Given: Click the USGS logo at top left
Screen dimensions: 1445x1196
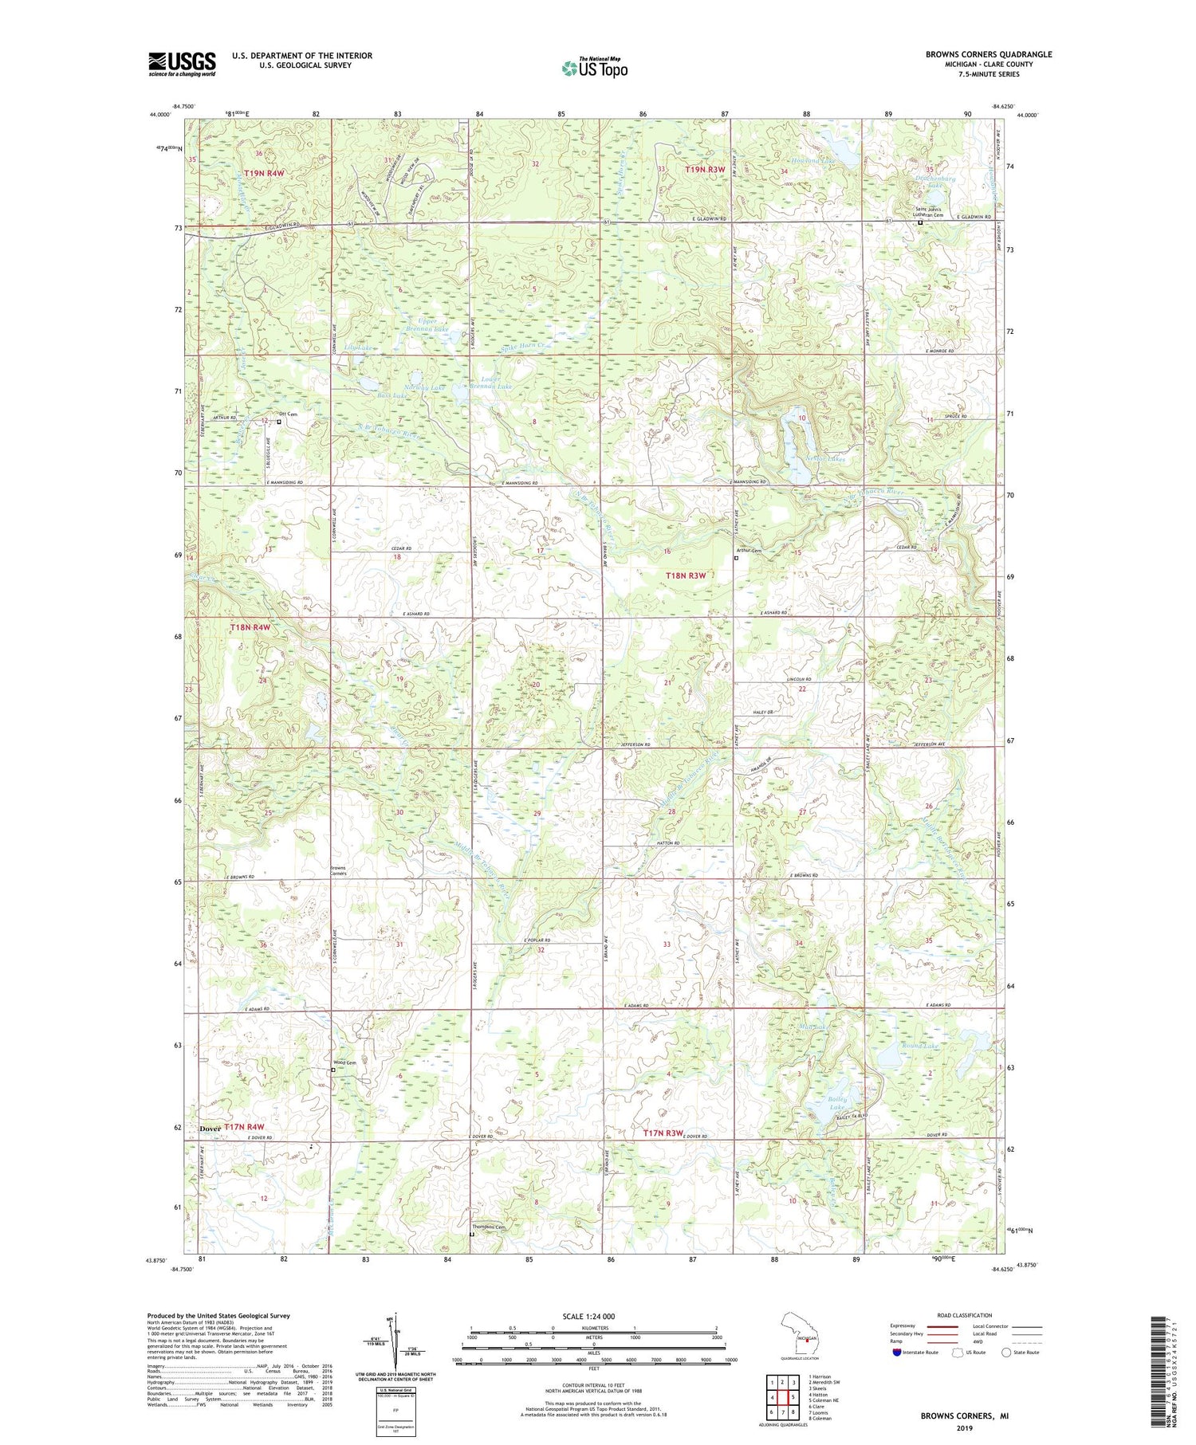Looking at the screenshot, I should (182, 64).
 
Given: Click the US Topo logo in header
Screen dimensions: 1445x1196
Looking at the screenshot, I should (594, 69).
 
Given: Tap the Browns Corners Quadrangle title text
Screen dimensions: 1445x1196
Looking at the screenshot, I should (988, 54).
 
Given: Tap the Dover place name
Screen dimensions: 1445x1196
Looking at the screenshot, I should (210, 1129).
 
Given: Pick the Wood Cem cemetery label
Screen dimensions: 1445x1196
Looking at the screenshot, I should (344, 1062).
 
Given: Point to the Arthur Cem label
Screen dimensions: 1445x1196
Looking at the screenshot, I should (749, 551).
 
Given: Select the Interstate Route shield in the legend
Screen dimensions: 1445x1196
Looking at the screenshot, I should (897, 1353).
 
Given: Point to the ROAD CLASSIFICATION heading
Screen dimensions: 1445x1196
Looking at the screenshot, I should (964, 1315).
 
